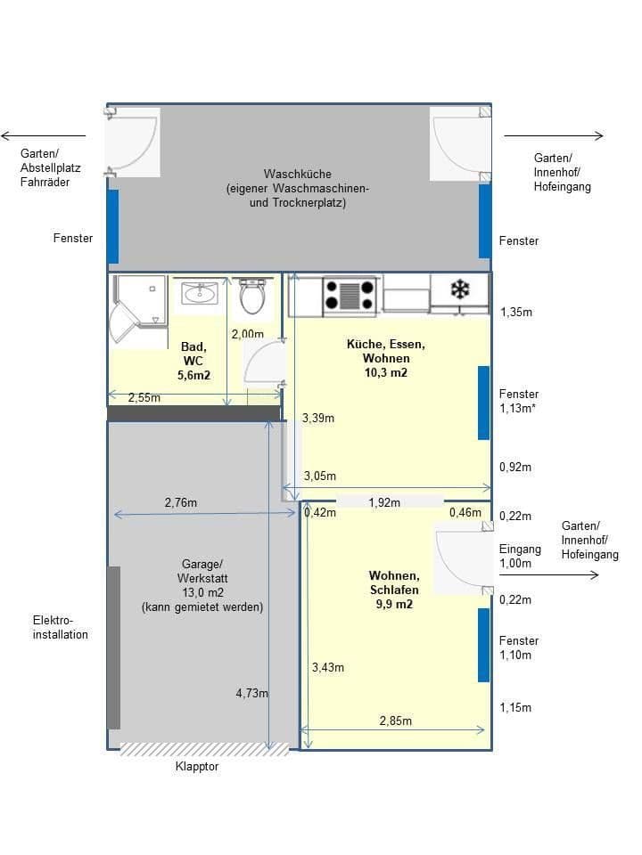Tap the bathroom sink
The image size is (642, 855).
pyautogui.click(x=200, y=293)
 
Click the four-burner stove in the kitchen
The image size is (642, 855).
pyautogui.click(x=349, y=296)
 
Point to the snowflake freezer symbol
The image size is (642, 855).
pyautogui.click(x=459, y=289)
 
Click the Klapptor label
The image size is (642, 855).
pyautogui.click(x=197, y=766)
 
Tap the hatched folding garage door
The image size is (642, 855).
pyautogui.click(x=204, y=749)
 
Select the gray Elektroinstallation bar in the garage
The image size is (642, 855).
pyautogui.click(x=113, y=647)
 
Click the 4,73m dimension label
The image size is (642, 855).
pyautogui.click(x=252, y=694)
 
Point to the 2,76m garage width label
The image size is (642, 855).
pyautogui.click(x=181, y=502)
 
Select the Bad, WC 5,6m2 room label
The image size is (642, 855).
pyautogui.click(x=193, y=361)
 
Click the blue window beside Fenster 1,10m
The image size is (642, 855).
pyautogui.click(x=483, y=645)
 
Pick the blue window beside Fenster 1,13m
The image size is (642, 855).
pyautogui.click(x=483, y=403)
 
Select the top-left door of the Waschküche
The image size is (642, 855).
pyautogui.click(x=134, y=142)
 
